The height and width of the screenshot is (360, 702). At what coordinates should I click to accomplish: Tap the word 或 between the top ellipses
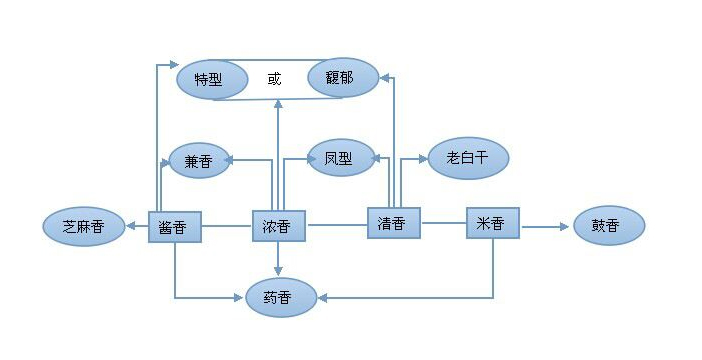click(x=275, y=79)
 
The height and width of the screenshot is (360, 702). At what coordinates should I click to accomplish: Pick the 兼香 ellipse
click(x=198, y=161)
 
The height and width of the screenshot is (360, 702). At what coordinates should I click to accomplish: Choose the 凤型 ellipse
click(x=338, y=158)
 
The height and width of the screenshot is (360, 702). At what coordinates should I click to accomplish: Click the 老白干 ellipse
click(x=467, y=158)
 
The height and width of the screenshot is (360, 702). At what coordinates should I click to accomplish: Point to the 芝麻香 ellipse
click(x=83, y=227)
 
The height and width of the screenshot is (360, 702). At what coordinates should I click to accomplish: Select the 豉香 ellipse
click(x=609, y=227)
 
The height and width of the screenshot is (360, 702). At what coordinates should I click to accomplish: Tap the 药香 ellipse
click(x=281, y=297)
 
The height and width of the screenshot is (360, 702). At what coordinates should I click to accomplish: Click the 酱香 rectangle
click(x=174, y=227)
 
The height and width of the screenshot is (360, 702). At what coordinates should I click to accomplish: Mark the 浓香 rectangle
click(x=277, y=227)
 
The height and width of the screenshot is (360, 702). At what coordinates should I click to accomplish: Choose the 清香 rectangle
click(x=393, y=223)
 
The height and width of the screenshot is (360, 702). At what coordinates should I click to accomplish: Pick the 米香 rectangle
click(x=493, y=223)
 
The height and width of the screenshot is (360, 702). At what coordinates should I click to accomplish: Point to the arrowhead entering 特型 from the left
click(x=171, y=66)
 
